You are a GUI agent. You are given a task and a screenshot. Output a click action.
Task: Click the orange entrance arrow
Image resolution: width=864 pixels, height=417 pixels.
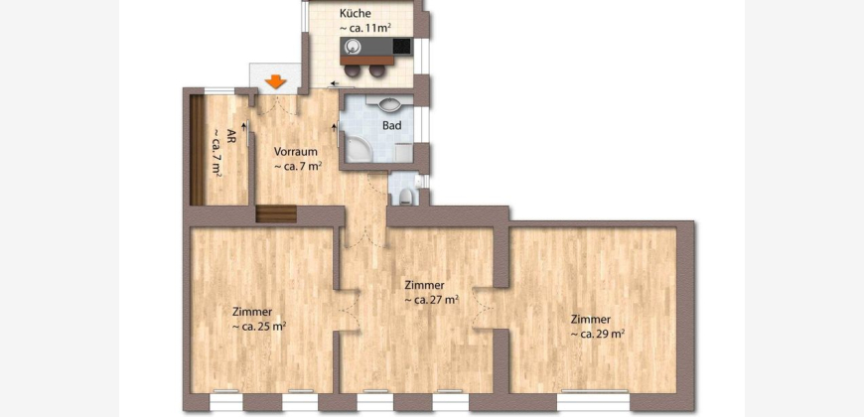point(275,82)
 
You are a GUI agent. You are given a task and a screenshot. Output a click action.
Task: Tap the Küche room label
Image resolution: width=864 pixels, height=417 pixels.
point(356,13)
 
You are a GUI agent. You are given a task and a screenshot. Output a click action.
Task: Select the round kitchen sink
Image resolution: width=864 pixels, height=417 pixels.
point(352,45)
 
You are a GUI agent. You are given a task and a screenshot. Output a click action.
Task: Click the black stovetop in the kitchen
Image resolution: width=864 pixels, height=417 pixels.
point(401,46)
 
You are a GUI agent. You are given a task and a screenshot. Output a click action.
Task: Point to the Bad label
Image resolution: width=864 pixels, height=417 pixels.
point(391,125)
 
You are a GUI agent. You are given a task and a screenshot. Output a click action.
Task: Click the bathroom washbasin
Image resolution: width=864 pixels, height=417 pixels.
point(391,103)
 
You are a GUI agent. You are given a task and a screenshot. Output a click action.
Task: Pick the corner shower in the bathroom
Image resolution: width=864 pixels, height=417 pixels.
point(357,149)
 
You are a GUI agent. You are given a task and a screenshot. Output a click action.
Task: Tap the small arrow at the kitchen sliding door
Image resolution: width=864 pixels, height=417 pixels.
point(334,83)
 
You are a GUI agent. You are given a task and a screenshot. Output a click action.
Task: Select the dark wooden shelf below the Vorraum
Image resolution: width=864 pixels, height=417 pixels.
point(276,213)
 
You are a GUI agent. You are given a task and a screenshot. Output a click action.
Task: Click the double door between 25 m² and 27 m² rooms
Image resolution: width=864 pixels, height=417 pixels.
point(348,310)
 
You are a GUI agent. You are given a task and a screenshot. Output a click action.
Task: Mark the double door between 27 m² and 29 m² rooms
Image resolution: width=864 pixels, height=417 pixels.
point(484,308)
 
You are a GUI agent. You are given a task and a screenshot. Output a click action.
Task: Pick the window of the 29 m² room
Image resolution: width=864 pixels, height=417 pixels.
point(594,401)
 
